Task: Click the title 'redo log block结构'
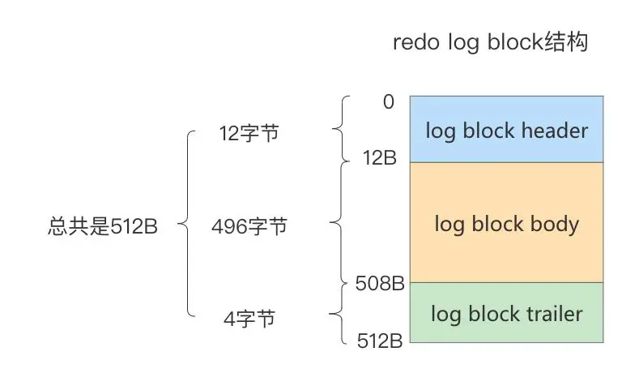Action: [489, 43]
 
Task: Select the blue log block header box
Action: [507, 129]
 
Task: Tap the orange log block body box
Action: [507, 223]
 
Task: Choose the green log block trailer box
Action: [507, 314]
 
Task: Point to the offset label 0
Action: [389, 102]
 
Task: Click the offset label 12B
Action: [379, 158]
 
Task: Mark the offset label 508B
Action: [380, 284]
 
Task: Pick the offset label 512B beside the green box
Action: [380, 341]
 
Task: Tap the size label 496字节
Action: [249, 227]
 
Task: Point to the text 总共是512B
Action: [102, 227]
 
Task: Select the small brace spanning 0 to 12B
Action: [340, 130]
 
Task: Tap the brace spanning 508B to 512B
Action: [340, 314]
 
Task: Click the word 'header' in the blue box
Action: [554, 130]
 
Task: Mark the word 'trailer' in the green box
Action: [551, 314]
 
